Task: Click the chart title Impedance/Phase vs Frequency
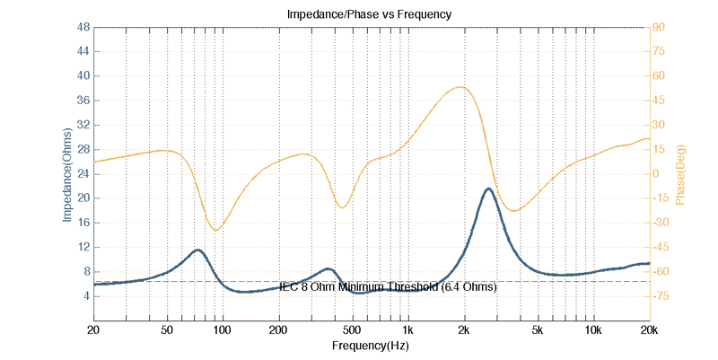point(368,14)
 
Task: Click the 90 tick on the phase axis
point(658,28)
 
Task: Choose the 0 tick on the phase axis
point(655,174)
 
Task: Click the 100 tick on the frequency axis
point(222,329)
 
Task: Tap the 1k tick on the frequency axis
point(407,329)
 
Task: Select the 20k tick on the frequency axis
point(649,329)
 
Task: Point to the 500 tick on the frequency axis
point(352,329)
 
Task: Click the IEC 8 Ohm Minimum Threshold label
point(388,287)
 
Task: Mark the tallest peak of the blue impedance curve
point(488,189)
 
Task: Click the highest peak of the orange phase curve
point(460,87)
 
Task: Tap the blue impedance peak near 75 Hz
point(197,250)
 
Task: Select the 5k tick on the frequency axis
point(538,329)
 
